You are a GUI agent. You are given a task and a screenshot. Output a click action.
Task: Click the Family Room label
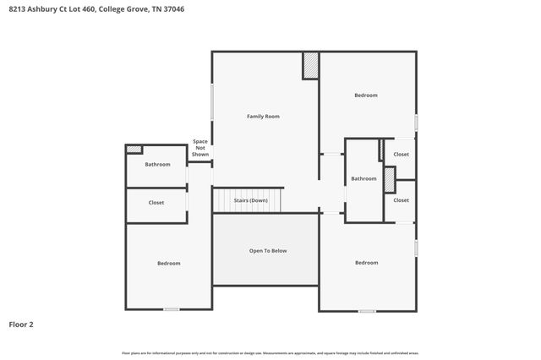[x=263, y=116]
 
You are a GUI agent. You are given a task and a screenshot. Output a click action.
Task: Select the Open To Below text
[x=268, y=251]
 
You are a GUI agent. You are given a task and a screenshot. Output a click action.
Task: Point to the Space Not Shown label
[x=200, y=148]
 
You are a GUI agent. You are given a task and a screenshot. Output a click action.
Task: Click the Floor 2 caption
[x=21, y=324]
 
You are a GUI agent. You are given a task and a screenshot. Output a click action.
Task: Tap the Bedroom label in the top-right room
[x=366, y=95]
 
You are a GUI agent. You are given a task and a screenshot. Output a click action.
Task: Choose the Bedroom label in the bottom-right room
[x=367, y=263]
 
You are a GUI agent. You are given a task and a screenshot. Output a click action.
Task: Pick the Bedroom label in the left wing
[x=169, y=264]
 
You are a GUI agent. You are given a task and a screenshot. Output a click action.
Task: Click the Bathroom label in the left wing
[x=157, y=165]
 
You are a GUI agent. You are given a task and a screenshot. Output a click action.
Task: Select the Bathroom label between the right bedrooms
[x=364, y=179]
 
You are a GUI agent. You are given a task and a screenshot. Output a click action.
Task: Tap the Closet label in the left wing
[x=156, y=203]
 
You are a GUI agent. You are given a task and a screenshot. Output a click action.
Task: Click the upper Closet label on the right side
[x=402, y=155]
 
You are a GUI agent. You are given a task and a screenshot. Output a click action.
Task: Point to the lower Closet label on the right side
[x=402, y=200]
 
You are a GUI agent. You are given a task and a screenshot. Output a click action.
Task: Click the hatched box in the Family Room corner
[x=311, y=66]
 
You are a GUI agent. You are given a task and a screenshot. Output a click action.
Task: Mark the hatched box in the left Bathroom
[x=134, y=150]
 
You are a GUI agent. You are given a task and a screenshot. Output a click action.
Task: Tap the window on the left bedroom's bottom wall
[x=172, y=309]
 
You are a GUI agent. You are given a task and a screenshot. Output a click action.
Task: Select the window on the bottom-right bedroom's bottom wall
[x=367, y=311]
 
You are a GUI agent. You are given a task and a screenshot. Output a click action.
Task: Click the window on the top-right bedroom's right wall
[x=416, y=123]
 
